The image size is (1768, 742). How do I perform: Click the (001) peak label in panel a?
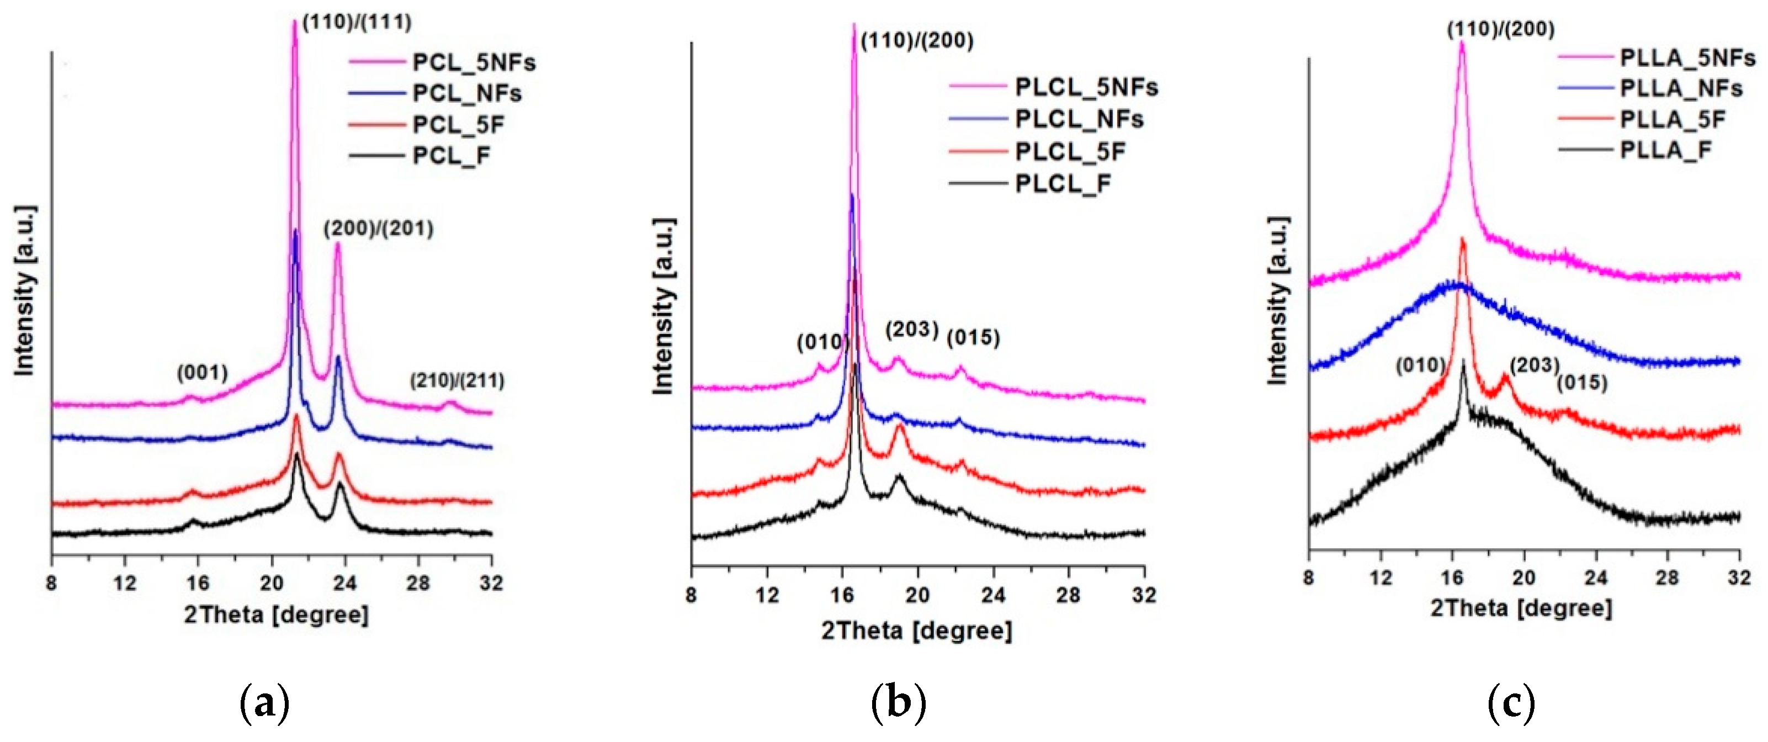[x=203, y=373]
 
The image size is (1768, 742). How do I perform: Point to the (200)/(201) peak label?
[x=379, y=229]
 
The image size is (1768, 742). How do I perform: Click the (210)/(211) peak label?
[x=457, y=380]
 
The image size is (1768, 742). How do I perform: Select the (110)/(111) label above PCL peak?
[x=357, y=22]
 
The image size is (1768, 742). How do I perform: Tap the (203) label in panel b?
[x=911, y=330]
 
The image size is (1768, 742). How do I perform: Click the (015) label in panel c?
[x=1582, y=383]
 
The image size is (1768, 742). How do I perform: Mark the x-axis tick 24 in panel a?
[x=344, y=584]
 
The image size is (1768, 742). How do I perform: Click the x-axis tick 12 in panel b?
[x=767, y=595]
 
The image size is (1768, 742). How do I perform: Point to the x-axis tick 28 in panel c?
[x=1667, y=578]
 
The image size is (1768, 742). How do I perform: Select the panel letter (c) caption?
[x=1511, y=703]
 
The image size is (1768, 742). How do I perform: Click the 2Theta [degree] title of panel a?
[x=276, y=614]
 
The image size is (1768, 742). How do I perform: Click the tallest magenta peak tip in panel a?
[x=294, y=22]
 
